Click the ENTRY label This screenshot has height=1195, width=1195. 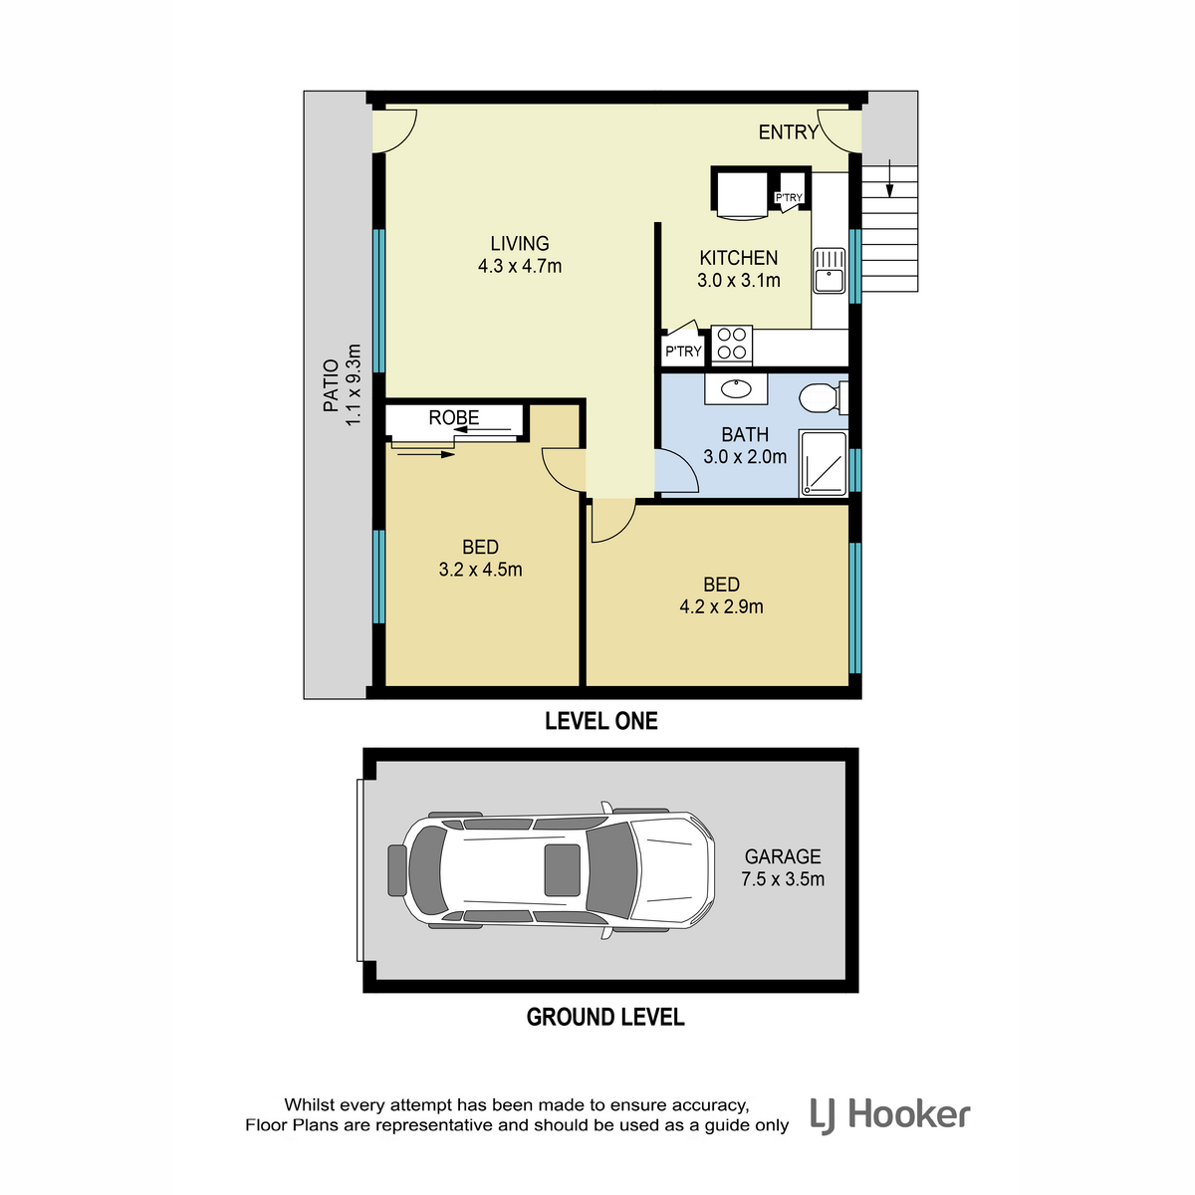click(x=788, y=132)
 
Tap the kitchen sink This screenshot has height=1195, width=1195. click(x=830, y=271)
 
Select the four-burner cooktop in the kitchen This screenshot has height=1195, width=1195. click(x=731, y=344)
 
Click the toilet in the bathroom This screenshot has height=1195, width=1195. click(x=823, y=398)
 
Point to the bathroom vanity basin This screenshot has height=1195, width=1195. click(x=736, y=389)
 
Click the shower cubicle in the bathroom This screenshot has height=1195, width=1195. click(x=823, y=463)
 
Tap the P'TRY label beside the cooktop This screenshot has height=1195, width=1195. click(x=683, y=352)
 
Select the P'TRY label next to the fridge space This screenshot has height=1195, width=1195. click(x=789, y=198)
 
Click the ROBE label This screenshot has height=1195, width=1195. click(x=454, y=417)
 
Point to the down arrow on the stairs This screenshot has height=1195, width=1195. click(x=890, y=178)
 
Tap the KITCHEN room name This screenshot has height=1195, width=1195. click(x=739, y=257)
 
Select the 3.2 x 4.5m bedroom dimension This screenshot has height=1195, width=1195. click(x=481, y=570)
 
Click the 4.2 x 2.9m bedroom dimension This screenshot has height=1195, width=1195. click(x=721, y=606)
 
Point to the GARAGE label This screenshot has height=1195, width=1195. click(x=783, y=856)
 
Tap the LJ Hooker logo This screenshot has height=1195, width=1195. click(x=890, y=1115)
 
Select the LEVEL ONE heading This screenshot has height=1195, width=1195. click(x=600, y=721)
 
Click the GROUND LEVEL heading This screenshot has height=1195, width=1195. click(x=605, y=1017)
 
